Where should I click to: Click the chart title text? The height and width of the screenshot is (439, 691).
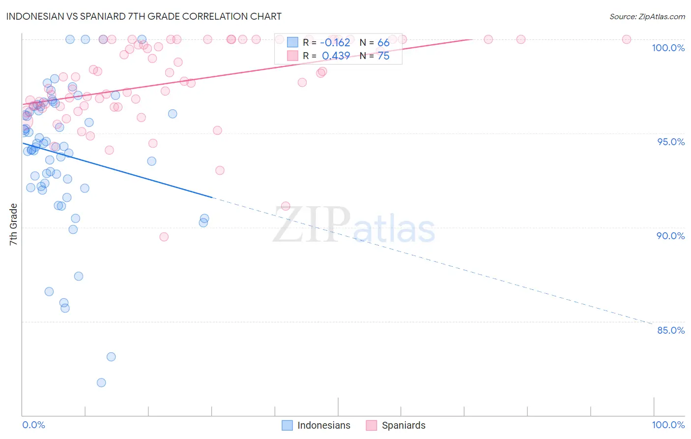pyautogui.click(x=144, y=16)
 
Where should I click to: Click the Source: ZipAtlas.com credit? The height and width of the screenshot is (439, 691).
pyautogui.click(x=647, y=16)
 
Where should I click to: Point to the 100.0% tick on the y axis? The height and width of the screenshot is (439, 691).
pyautogui.click(x=668, y=48)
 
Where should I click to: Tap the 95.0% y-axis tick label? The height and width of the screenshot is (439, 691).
pyautogui.click(x=671, y=142)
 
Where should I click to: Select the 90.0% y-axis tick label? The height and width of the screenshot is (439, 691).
pyautogui.click(x=671, y=236)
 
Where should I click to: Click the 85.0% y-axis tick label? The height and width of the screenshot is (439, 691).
pyautogui.click(x=671, y=330)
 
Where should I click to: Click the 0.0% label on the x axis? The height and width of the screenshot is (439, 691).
pyautogui.click(x=33, y=425)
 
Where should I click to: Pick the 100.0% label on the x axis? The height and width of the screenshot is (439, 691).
pyautogui.click(x=668, y=425)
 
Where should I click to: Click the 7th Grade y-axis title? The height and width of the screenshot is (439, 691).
pyautogui.click(x=13, y=224)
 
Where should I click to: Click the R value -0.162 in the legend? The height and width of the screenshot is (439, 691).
pyautogui.click(x=335, y=43)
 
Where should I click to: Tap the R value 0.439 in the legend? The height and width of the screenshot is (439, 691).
pyautogui.click(x=336, y=56)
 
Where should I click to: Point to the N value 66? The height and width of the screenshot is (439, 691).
pyautogui.click(x=383, y=43)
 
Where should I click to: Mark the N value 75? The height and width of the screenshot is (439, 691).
pyautogui.click(x=383, y=56)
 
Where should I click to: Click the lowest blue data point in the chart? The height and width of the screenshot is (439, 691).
pyautogui.click(x=101, y=382)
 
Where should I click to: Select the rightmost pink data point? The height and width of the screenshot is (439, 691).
pyautogui.click(x=627, y=39)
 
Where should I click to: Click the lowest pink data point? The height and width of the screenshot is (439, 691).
pyautogui.click(x=164, y=237)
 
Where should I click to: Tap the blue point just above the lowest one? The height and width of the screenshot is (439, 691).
pyautogui.click(x=111, y=357)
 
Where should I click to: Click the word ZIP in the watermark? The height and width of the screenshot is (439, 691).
pyautogui.click(x=312, y=225)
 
